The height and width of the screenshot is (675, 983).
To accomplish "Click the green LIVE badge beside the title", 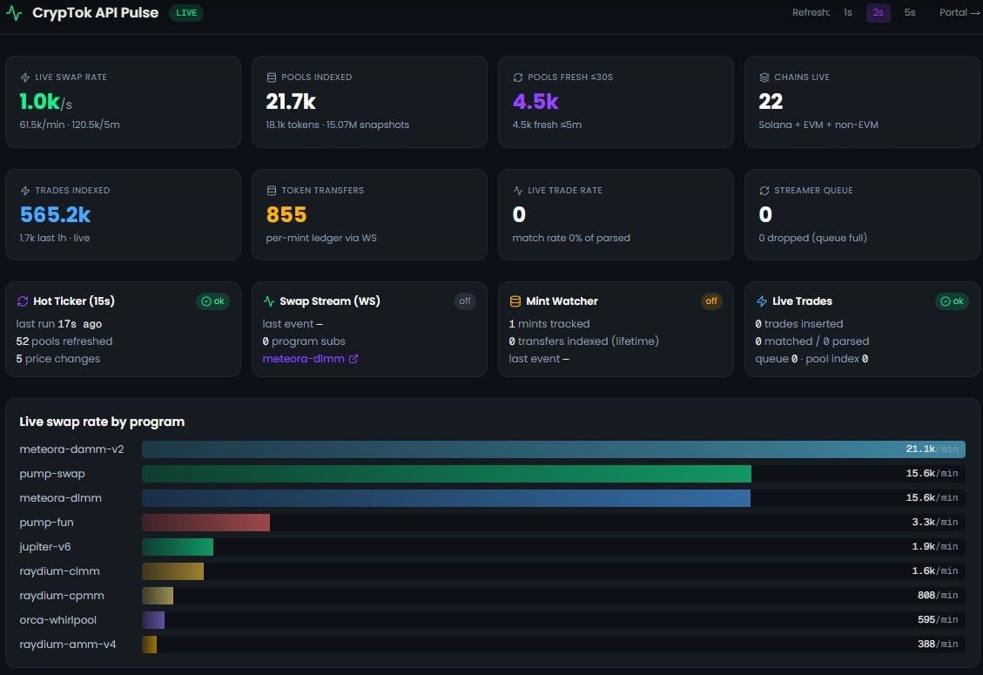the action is (x=186, y=12).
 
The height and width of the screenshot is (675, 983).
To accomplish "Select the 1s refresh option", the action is (x=847, y=12).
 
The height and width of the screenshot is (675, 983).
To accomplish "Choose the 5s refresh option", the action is (x=910, y=12).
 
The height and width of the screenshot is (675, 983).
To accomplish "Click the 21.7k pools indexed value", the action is (x=291, y=102).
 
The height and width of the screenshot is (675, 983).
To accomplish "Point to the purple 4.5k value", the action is (x=535, y=102).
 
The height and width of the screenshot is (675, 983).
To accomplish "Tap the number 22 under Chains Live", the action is (x=771, y=102).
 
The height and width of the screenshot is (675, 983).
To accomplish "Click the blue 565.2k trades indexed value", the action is (x=55, y=214).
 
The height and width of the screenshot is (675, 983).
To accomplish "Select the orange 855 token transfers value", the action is (x=286, y=214).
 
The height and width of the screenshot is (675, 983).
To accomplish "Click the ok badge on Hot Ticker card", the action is (x=213, y=301).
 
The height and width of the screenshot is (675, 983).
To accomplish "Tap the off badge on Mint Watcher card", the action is (x=711, y=301).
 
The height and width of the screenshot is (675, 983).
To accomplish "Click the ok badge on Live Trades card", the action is (x=952, y=301).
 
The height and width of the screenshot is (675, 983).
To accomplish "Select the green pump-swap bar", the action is (x=447, y=474).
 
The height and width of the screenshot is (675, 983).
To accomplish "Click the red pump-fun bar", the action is (x=205, y=523).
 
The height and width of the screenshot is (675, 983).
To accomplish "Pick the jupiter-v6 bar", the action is (x=178, y=547).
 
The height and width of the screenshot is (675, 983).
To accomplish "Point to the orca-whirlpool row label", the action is (x=57, y=620).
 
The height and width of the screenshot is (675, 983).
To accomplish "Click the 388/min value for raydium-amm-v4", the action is (x=937, y=645).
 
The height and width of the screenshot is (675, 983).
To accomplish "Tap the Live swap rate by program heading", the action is (x=102, y=422).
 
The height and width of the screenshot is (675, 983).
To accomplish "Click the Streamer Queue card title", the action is (x=813, y=190).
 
